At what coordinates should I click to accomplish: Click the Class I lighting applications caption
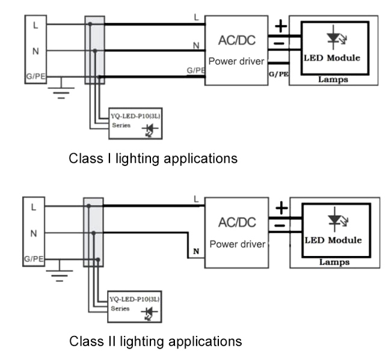point(153,159)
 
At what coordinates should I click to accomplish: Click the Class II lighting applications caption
point(155,341)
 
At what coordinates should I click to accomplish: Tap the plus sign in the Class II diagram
point(281,209)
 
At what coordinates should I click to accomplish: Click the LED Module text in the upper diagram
point(333,58)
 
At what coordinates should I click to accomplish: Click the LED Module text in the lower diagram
point(333,240)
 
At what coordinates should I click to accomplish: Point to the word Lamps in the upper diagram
point(333,79)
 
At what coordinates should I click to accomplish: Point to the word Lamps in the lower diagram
point(334,261)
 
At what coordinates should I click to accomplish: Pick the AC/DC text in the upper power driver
point(235,40)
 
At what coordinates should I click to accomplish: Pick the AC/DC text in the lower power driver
point(235,222)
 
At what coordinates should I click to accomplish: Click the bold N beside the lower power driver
point(195,251)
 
